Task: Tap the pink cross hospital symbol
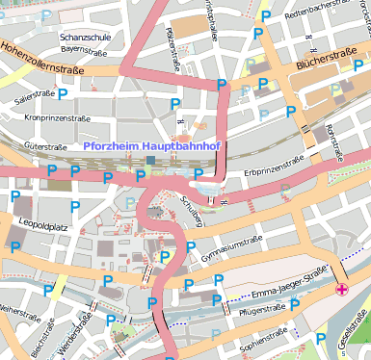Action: pos(341,289)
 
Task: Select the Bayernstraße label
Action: pos(83,48)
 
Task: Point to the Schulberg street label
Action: pos(192,211)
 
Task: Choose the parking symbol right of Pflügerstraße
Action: pos(296,306)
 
